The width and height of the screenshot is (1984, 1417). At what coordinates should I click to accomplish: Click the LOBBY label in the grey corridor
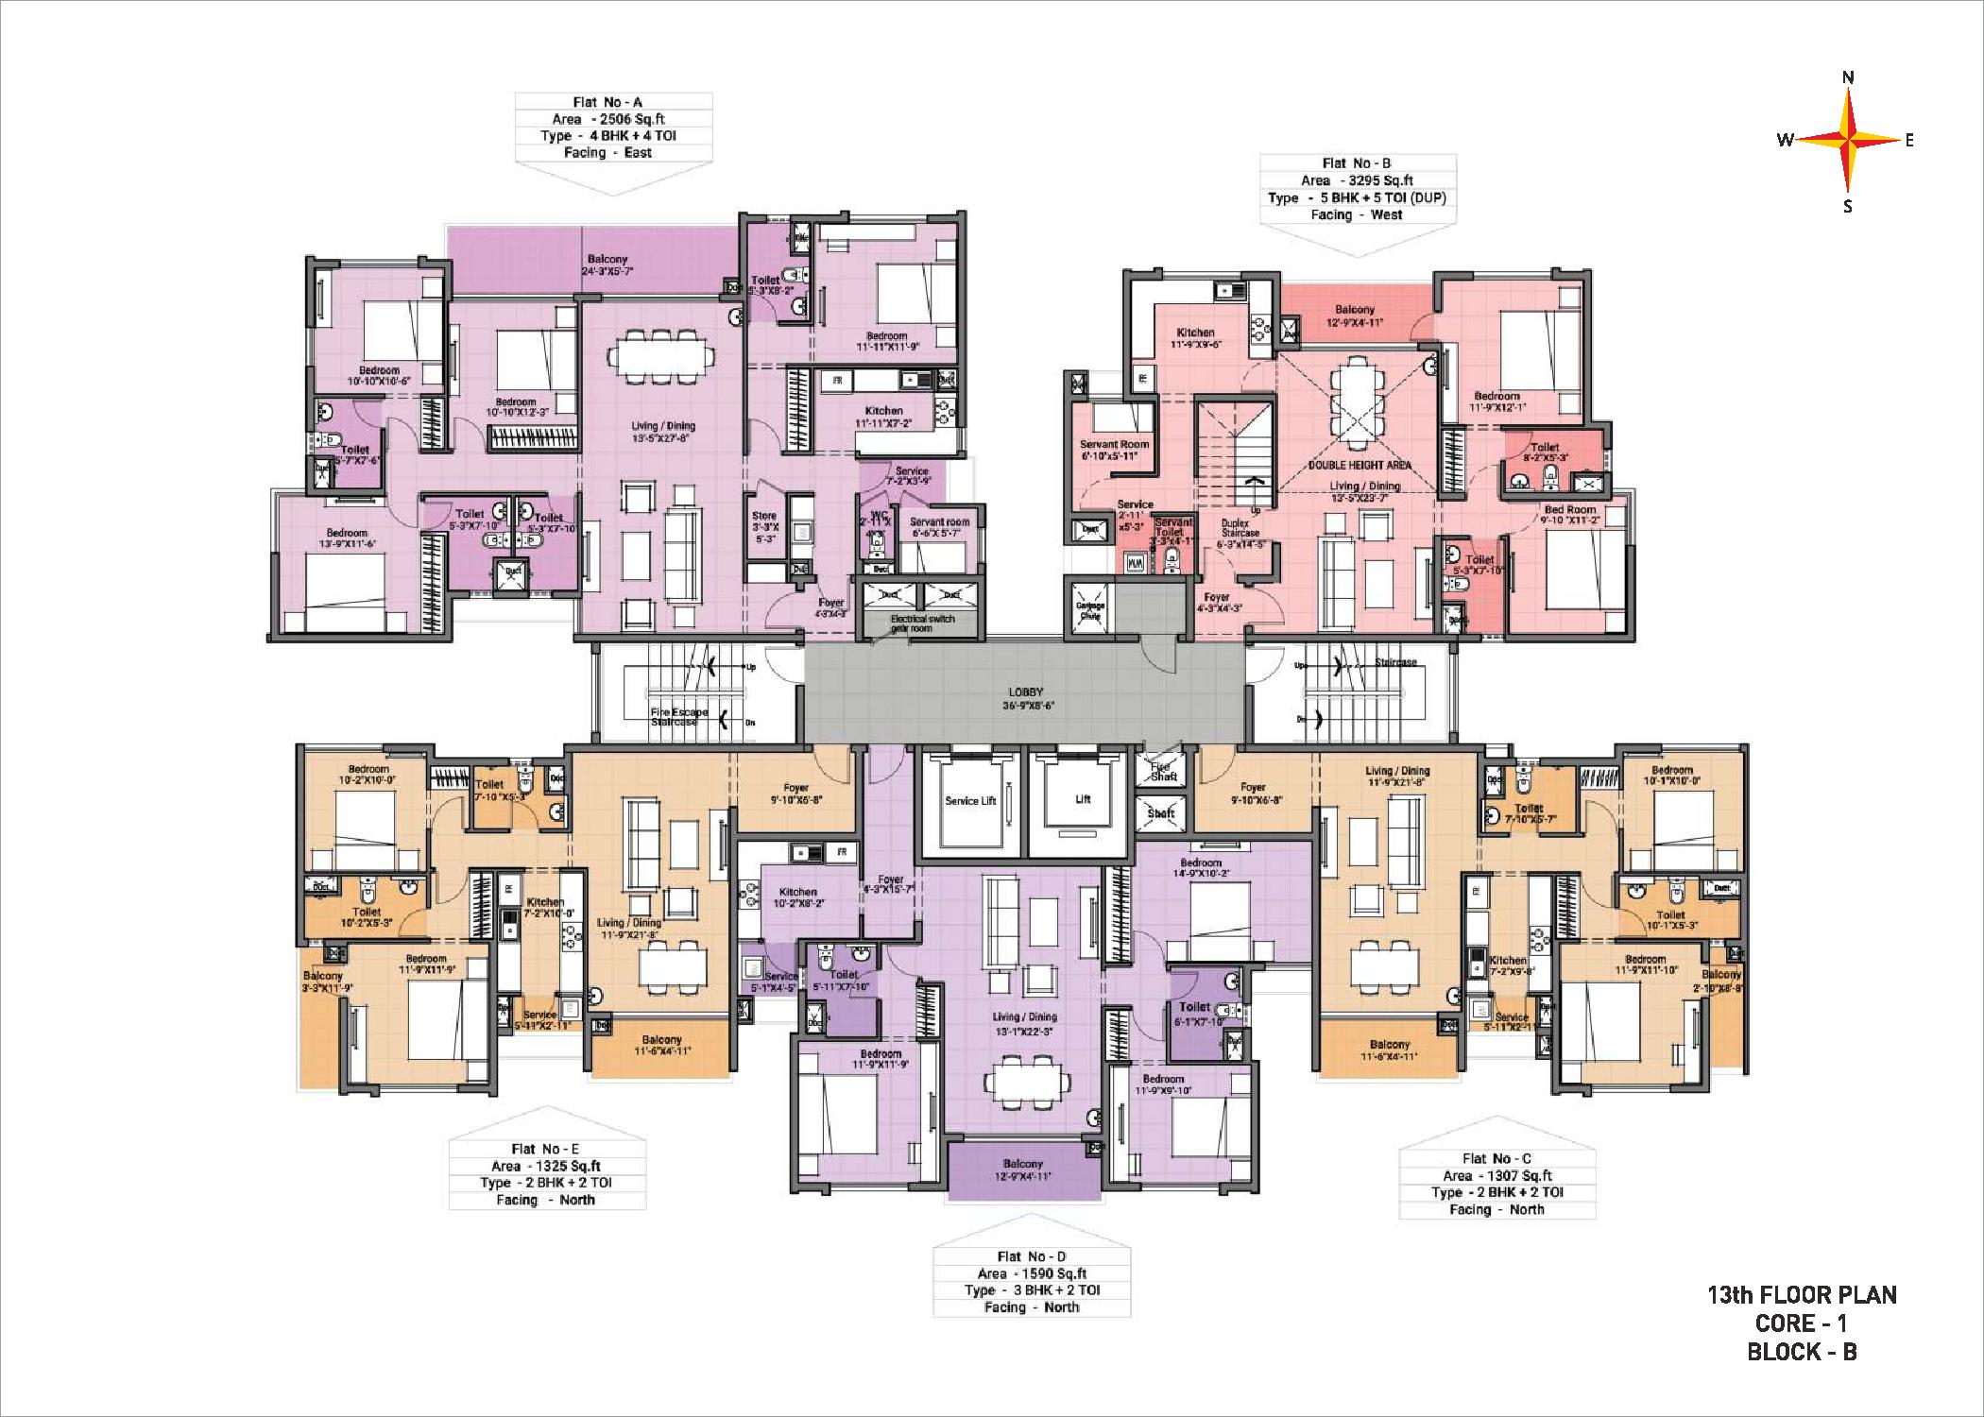coord(1025,692)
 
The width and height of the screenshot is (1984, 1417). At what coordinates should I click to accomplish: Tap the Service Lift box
coord(970,801)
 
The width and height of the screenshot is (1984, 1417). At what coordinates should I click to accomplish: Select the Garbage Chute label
coord(1090,610)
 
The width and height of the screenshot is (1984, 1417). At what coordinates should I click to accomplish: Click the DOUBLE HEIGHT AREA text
coord(1360,465)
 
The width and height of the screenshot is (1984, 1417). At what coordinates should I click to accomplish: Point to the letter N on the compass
coord(1849,77)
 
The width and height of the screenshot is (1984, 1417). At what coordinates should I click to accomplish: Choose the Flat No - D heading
coord(1031,1256)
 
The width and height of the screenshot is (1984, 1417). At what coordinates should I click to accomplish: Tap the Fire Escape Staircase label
coord(678,717)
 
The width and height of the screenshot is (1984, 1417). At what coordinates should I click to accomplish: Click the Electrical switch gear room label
coord(922,623)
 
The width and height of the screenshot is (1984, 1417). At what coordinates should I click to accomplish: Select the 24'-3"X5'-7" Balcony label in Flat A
coord(607,265)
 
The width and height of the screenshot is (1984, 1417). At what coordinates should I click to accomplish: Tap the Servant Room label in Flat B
coord(1115,450)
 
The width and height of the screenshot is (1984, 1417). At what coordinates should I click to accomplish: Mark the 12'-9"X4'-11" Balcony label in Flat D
coord(1023,1170)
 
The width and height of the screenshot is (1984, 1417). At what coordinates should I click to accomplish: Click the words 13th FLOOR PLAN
coord(1802,1295)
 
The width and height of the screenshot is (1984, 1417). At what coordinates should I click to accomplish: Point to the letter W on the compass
coord(1785,140)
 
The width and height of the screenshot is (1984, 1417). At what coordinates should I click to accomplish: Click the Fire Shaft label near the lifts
coord(1161,771)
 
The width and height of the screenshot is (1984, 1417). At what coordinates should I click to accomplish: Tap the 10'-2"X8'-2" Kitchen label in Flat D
coord(798,897)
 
